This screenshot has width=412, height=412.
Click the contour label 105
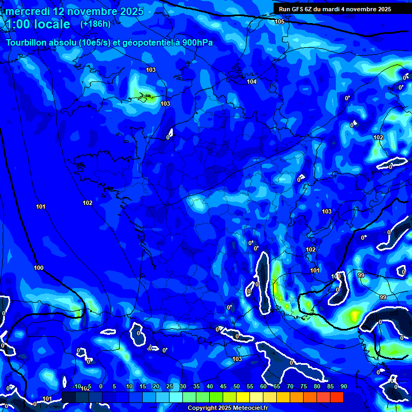point(279,21)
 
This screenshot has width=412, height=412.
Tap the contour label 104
point(252,82)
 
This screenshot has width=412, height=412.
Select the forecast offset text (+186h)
point(95,24)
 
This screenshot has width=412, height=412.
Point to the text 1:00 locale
point(38,24)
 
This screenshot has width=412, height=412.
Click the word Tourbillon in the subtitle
point(27,42)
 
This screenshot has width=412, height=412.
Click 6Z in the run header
point(312,9)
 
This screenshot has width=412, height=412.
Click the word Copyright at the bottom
point(203,408)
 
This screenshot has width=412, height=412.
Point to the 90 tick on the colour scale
point(343,386)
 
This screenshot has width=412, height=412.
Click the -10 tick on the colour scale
point(76,386)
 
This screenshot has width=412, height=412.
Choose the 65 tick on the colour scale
point(277,386)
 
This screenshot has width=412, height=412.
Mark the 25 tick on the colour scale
point(170,386)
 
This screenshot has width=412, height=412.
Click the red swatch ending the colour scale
point(337,397)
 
